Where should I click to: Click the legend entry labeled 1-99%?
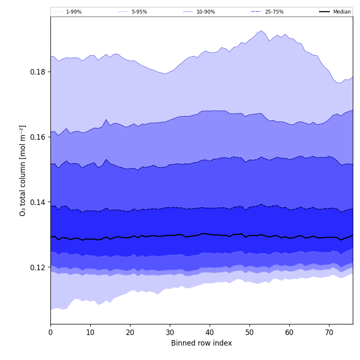tap(74, 12)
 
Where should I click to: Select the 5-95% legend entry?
tap(139, 12)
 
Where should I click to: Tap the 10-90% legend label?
tap(205, 12)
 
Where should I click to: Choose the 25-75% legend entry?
tap(274, 12)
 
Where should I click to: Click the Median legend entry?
tap(342, 12)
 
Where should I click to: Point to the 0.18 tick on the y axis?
tap(38, 72)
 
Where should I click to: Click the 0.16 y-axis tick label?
tap(38, 137)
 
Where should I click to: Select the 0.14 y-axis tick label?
tap(38, 202)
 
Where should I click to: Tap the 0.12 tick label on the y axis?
tap(38, 267)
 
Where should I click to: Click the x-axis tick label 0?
tap(50, 332)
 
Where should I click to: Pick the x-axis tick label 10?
tap(90, 332)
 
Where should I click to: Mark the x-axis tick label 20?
tap(130, 332)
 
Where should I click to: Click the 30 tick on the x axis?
tap(170, 332)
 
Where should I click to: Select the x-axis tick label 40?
tap(210, 332)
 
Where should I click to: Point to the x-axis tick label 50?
tap(249, 332)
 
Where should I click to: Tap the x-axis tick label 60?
tap(289, 332)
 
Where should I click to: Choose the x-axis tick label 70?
tap(329, 332)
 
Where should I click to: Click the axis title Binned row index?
tap(202, 343)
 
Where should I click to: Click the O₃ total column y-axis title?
tap(23, 170)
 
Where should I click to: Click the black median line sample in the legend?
tap(325, 12)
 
